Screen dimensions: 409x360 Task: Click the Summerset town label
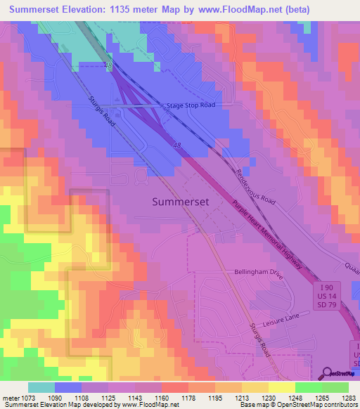(181, 202)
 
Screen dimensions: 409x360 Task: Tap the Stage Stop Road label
(191, 105)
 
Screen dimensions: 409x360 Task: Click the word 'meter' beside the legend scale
(11, 398)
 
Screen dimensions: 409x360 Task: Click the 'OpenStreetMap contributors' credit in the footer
(317, 405)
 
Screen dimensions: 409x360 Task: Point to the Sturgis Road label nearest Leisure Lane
(258, 339)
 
